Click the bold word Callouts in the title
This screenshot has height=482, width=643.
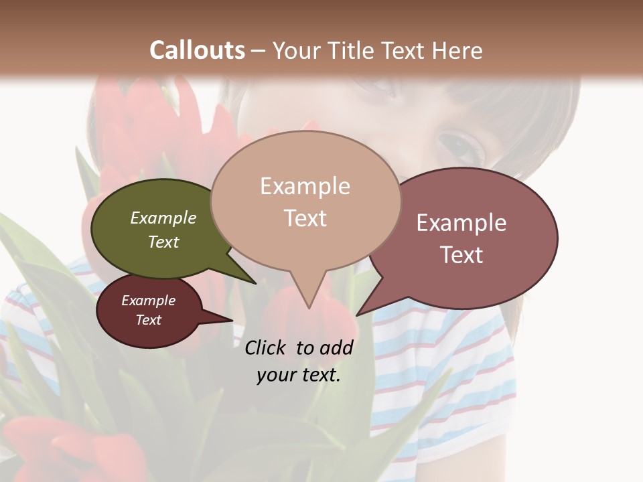click(197, 50)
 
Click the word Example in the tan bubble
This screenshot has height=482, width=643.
click(305, 186)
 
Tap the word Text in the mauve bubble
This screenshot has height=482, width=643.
click(461, 255)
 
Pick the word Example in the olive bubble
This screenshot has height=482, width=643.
click(163, 218)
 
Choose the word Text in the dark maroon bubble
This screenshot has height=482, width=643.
click(149, 320)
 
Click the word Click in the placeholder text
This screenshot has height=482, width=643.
click(265, 347)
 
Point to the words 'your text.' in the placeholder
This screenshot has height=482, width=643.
click(299, 375)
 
